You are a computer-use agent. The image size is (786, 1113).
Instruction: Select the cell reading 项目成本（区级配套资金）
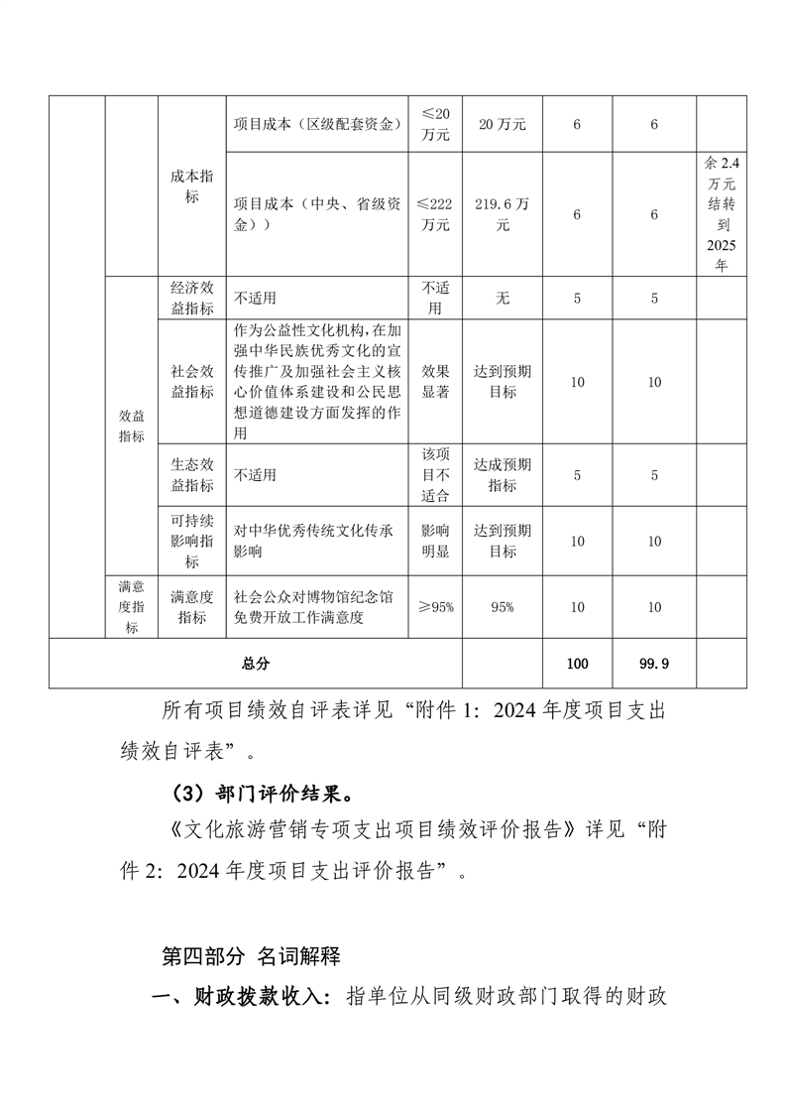(x=316, y=124)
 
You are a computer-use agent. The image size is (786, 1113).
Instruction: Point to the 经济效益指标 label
(x=191, y=298)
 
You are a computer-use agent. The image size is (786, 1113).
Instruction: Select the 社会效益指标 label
(x=191, y=381)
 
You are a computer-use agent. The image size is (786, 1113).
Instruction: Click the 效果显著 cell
(x=436, y=381)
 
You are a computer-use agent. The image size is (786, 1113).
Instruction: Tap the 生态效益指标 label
(x=191, y=475)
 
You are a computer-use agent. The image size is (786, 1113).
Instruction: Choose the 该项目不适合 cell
(x=436, y=475)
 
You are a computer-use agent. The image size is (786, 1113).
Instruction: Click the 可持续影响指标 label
(x=191, y=541)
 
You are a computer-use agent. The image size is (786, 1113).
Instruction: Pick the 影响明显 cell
(x=436, y=541)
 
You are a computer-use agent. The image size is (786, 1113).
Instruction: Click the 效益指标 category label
(x=131, y=427)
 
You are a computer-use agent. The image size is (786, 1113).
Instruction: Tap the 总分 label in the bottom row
(x=255, y=664)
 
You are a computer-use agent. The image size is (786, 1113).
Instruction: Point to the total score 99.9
(x=654, y=664)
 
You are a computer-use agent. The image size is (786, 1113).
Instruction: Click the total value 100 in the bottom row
(x=578, y=664)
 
